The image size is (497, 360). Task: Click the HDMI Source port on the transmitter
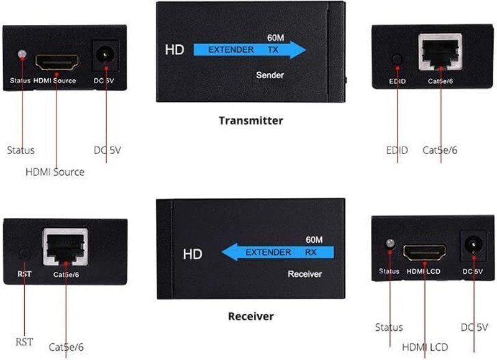(x=57, y=62)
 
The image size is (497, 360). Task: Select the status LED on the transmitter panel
(x=22, y=54)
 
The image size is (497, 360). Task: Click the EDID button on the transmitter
(x=397, y=59)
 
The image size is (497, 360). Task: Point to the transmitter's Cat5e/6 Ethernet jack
(x=440, y=52)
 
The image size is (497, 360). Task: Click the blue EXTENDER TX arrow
(x=250, y=50)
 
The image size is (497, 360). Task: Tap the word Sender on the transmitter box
(x=270, y=75)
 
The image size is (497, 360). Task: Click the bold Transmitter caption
(x=251, y=120)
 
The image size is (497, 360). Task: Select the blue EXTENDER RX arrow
(x=278, y=252)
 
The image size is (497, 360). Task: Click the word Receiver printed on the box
(x=304, y=274)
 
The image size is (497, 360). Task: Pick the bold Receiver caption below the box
(x=251, y=317)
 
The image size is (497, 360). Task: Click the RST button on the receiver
(x=24, y=255)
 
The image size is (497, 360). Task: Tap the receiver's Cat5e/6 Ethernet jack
(x=65, y=246)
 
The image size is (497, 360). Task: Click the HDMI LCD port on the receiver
(x=424, y=253)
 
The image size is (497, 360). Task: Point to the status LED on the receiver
(x=390, y=244)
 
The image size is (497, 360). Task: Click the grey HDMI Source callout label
(x=55, y=172)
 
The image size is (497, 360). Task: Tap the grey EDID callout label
(x=397, y=150)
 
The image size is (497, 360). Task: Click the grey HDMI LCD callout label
(x=425, y=347)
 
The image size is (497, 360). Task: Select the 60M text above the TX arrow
(x=275, y=38)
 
